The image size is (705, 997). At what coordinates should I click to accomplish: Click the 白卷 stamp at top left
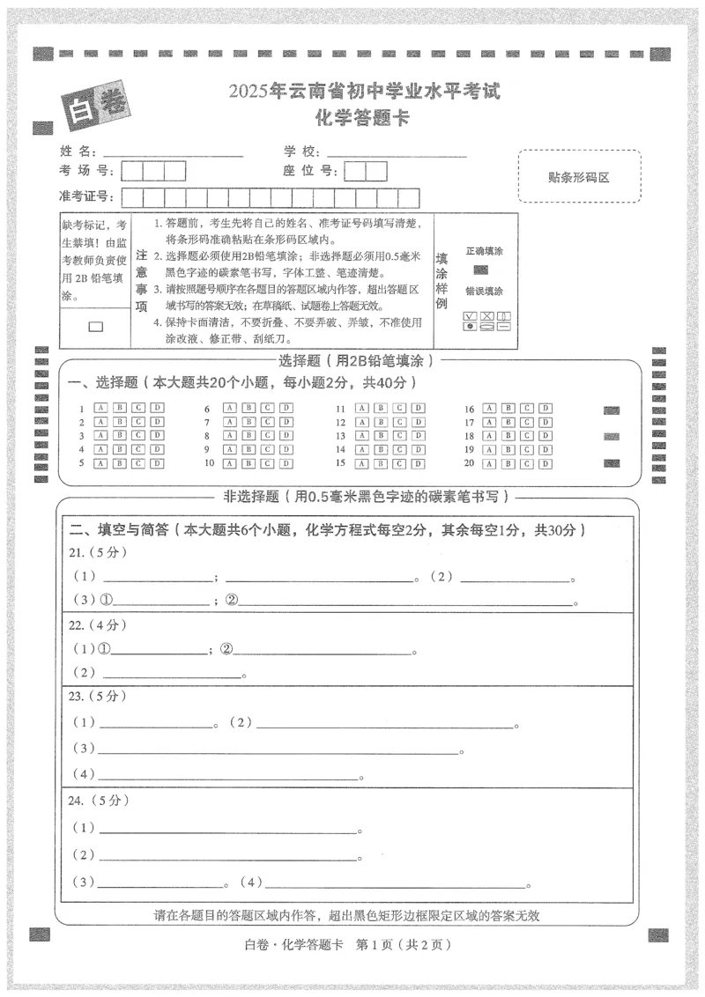click(x=94, y=103)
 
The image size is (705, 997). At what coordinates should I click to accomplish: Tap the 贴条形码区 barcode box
click(x=579, y=176)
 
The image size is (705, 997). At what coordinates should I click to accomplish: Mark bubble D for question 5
click(x=157, y=463)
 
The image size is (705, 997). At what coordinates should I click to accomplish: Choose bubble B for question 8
click(x=248, y=436)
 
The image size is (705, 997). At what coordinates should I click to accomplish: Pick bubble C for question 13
click(x=399, y=436)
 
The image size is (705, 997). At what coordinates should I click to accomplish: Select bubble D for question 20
click(x=546, y=463)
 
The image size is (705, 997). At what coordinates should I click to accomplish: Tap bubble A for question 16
click(x=491, y=409)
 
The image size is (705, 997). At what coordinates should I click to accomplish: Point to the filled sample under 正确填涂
click(x=480, y=270)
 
